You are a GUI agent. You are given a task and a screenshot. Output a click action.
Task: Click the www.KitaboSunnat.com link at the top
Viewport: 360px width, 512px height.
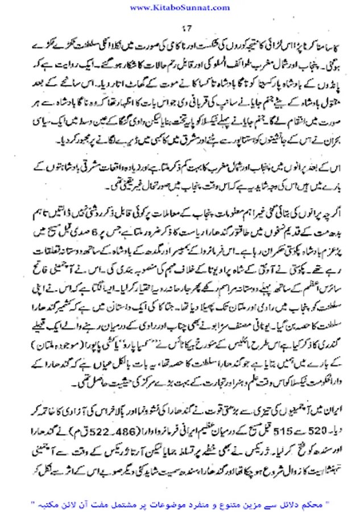tap(180, 7)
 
